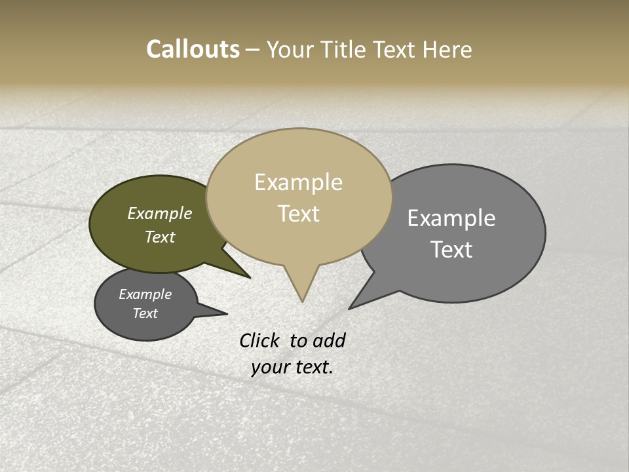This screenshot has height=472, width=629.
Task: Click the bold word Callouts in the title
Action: click(x=193, y=49)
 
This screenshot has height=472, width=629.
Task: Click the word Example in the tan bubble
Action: click(x=298, y=182)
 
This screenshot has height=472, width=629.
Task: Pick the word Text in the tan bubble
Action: click(x=298, y=214)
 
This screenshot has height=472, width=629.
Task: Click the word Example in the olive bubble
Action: click(x=159, y=213)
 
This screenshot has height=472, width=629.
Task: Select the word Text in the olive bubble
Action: click(x=159, y=237)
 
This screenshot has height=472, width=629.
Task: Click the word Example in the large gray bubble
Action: click(x=451, y=218)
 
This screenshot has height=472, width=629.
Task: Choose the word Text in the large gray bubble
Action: click(x=451, y=250)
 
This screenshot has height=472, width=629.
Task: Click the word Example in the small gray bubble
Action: click(x=145, y=294)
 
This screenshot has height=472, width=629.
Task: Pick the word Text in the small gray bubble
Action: click(x=145, y=313)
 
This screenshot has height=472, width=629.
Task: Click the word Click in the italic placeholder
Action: click(x=261, y=340)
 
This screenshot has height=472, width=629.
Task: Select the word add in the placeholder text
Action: click(x=329, y=340)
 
